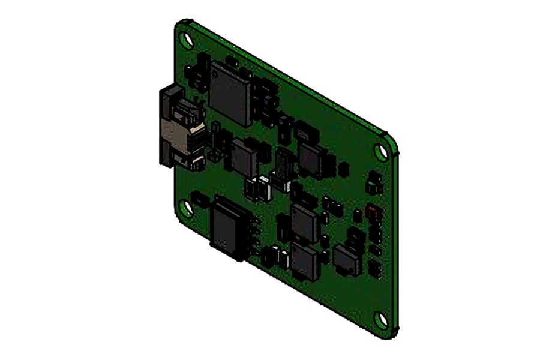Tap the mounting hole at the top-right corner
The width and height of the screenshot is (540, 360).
coord(380,151)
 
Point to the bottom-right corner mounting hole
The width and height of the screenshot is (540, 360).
coord(380,319)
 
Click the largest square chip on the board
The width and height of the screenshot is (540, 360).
coord(229,94)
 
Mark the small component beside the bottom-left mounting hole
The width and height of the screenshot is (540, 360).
coord(197,197)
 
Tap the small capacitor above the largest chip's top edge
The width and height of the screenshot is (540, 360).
coord(232,61)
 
